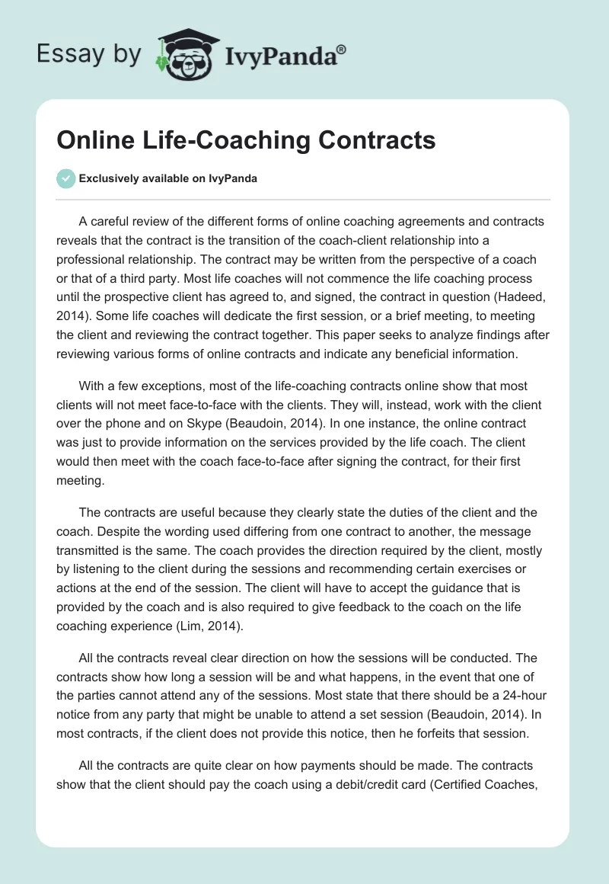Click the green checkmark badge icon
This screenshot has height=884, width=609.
click(66, 178)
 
